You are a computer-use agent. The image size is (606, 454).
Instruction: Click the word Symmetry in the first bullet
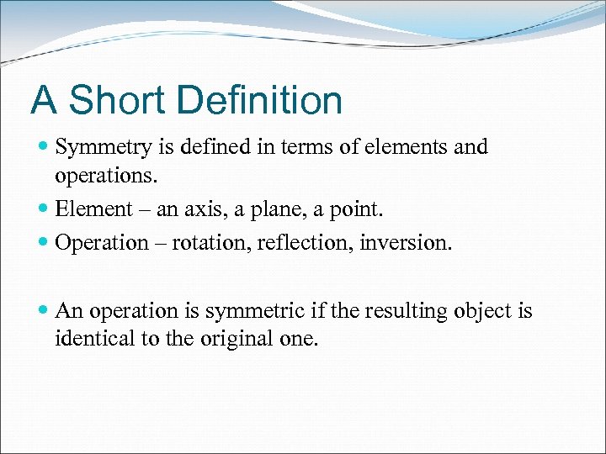pyautogui.click(x=104, y=148)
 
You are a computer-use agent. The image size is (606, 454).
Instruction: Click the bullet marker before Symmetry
pyautogui.click(x=43, y=147)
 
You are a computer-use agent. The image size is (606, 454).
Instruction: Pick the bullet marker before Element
pyautogui.click(x=43, y=209)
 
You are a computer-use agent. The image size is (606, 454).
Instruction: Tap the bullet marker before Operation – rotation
pyautogui.click(x=43, y=243)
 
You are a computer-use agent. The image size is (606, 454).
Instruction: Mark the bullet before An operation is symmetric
pyautogui.click(x=43, y=312)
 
